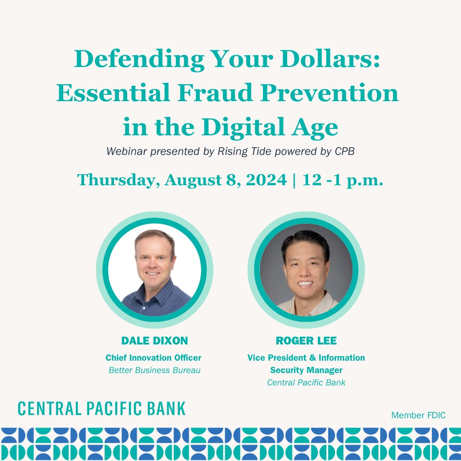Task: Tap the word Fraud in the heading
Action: click(x=211, y=93)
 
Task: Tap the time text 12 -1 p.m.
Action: click(x=343, y=180)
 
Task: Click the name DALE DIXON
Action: click(x=155, y=341)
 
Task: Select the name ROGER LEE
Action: click(x=306, y=341)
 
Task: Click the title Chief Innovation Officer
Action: click(x=153, y=358)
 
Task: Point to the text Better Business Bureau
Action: click(x=155, y=370)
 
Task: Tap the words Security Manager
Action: click(x=306, y=370)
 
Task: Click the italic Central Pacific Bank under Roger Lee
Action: click(x=306, y=382)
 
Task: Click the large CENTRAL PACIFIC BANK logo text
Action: click(x=102, y=408)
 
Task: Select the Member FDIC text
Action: click(x=418, y=415)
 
